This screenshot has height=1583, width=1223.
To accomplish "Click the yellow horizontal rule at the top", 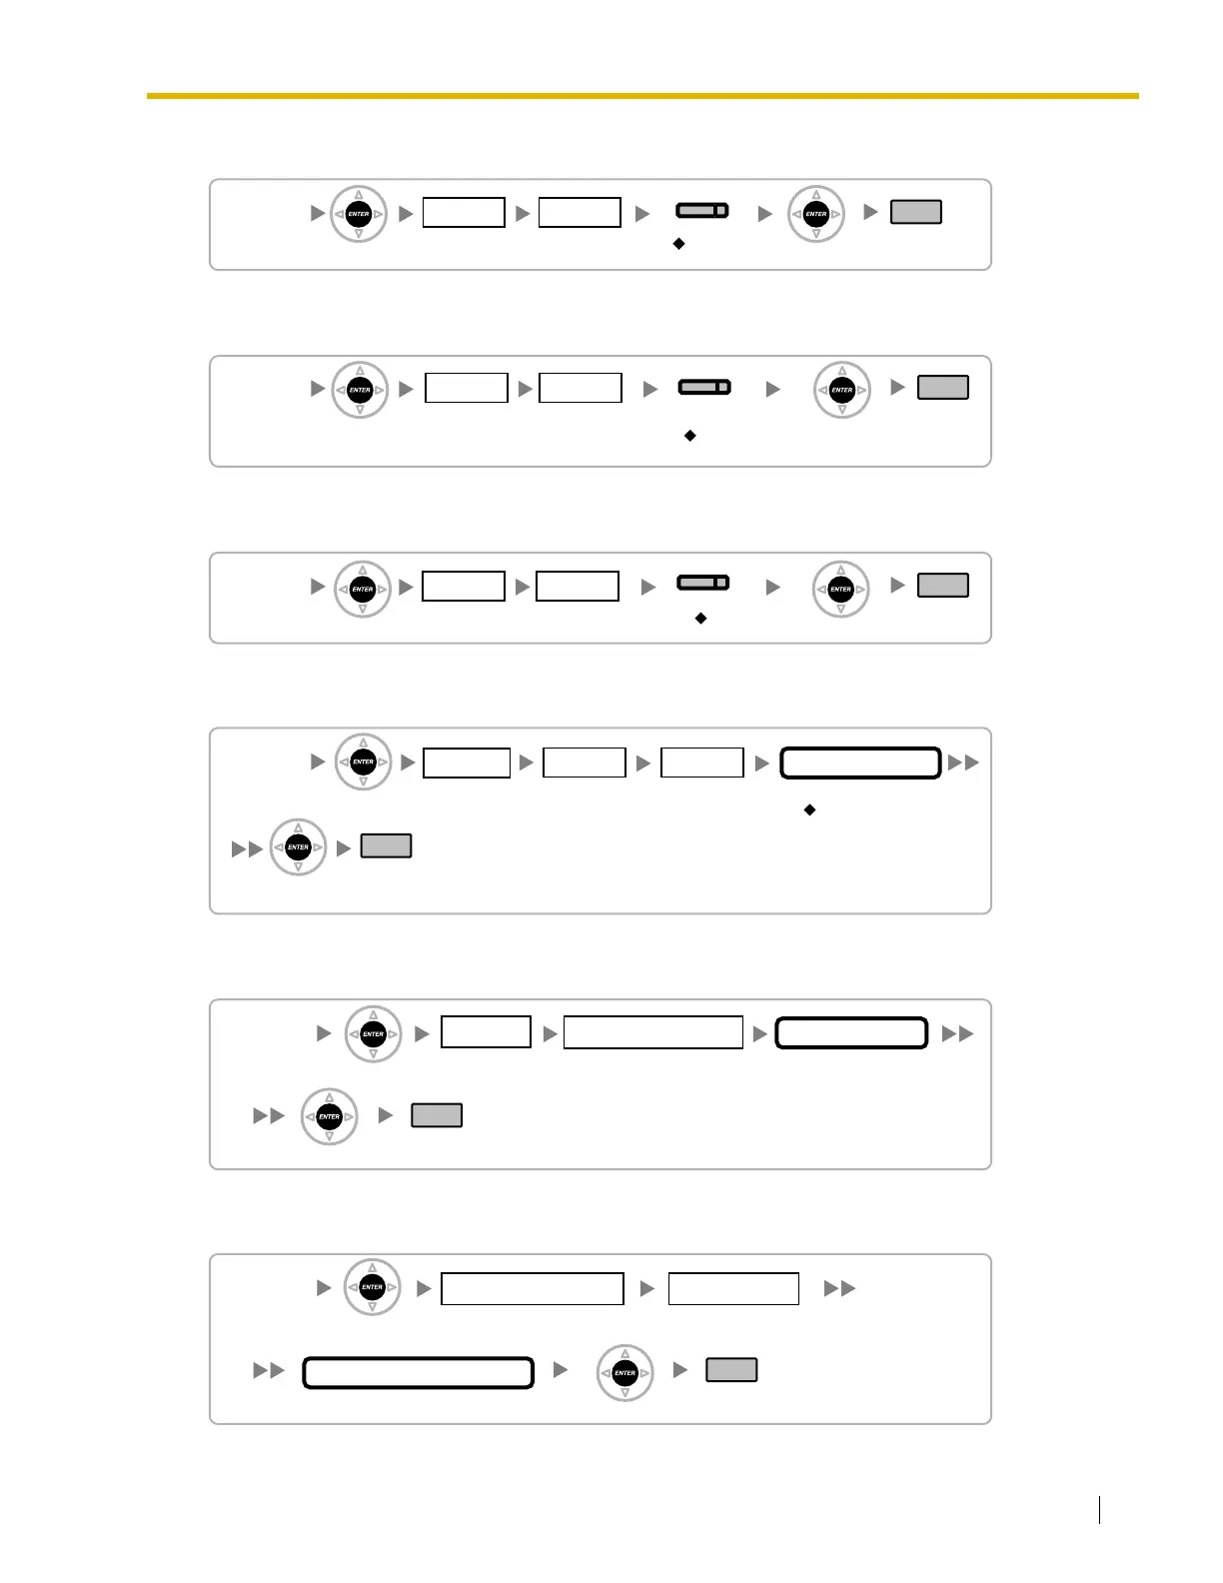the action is coord(642,96).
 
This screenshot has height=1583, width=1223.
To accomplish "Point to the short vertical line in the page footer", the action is coord(1099,1509).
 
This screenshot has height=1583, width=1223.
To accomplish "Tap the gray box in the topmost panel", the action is coord(915,212).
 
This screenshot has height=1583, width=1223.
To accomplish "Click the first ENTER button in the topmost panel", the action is coord(359,214).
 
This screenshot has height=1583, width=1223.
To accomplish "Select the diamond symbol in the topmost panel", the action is coord(678,244).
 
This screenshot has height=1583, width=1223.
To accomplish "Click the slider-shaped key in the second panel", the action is coord(704,387).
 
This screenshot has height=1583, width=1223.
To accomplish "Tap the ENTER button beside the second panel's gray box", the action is coord(842,390).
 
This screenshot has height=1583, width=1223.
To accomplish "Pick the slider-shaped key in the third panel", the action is coord(703,583).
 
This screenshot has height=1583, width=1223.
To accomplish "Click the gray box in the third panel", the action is coord(942,586).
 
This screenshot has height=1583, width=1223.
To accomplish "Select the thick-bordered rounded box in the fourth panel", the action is coord(860,763).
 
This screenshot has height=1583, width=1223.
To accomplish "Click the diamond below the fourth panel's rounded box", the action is coord(809,809).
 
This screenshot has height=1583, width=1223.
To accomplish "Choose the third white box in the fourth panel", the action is coord(702,763).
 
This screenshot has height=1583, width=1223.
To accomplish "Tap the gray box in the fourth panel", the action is coord(386,846).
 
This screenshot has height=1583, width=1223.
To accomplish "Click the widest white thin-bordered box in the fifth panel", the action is coord(653,1032).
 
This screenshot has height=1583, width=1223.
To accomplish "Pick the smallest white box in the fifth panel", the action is coord(486,1032).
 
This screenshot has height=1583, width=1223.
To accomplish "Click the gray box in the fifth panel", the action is coord(437,1115).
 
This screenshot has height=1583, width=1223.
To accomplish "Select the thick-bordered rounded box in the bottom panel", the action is coord(418,1372).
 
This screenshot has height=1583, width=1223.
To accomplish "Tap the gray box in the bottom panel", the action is coord(731,1370).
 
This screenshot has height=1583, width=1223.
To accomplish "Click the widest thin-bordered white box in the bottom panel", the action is coord(533,1289).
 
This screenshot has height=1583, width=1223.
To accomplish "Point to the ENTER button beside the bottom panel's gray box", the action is coord(624,1373).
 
